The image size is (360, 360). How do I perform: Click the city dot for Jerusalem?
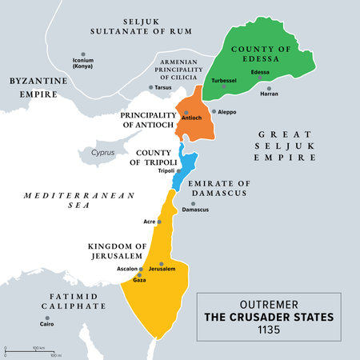point(162,263)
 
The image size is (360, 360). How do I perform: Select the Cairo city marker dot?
point(41,318)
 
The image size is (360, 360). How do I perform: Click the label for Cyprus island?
point(102,152)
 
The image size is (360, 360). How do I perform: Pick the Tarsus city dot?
point(151,87)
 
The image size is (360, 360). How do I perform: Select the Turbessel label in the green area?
point(224,81)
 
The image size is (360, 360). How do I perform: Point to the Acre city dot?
point(159,222)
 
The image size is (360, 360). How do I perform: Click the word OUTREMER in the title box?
point(269,302)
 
